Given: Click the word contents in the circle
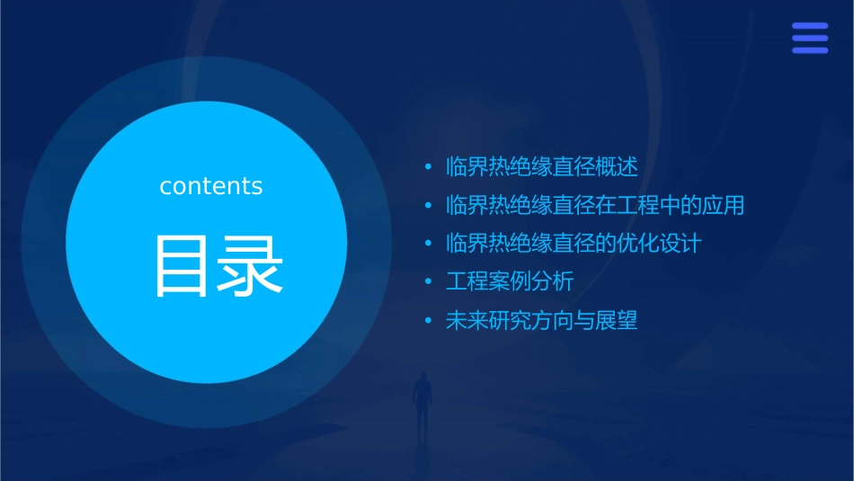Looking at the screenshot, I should coord(210,186).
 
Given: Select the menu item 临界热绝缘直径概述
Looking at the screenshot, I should coord(541,167).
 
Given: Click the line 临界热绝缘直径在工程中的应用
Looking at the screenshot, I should coord(595,205).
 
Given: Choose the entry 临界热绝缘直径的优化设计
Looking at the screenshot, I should coord(574,244).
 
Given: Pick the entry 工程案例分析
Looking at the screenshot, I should coord(510,282).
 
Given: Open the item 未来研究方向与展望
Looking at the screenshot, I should coord(541,321).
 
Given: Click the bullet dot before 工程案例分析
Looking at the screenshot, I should coord(428,282).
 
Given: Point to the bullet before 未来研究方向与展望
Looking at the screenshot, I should coord(428,321).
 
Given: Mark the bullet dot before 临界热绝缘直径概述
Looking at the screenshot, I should coord(428,167).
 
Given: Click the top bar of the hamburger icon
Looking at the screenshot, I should coord(810,26).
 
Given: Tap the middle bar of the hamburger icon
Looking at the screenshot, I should coord(810,38).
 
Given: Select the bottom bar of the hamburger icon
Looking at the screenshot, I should coord(810,49).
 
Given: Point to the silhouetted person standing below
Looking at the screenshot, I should coord(421,401).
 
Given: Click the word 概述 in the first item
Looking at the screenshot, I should coord(617,167).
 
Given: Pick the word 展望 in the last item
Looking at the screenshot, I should coord(617,321).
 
